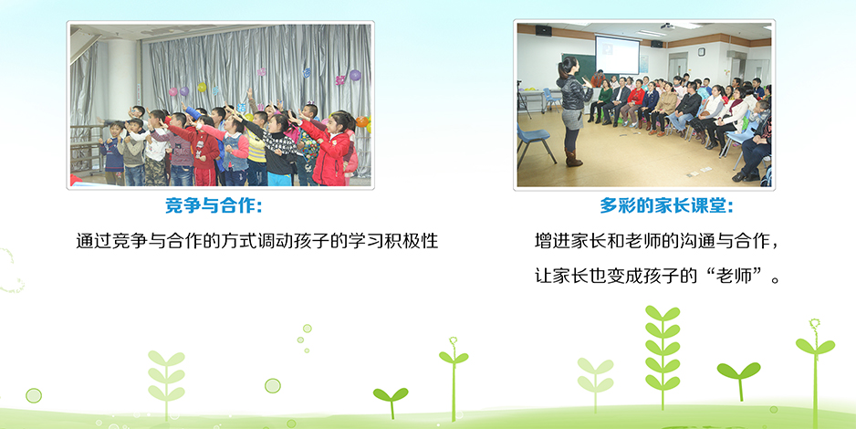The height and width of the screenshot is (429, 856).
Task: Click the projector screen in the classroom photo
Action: point(617,55)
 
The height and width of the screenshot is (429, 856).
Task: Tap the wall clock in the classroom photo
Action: point(701,52)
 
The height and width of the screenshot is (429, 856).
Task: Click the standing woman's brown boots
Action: point(572,158)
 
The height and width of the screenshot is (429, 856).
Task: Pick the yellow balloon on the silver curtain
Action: point(202,88)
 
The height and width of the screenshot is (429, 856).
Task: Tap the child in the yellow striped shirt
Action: point(257,147)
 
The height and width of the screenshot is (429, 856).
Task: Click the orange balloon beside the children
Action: point(362,121)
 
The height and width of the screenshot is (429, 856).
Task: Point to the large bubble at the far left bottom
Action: point(34,396)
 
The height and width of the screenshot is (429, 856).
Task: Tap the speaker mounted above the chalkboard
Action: point(543,30)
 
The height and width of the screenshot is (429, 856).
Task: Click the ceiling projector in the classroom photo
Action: point(667,26)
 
